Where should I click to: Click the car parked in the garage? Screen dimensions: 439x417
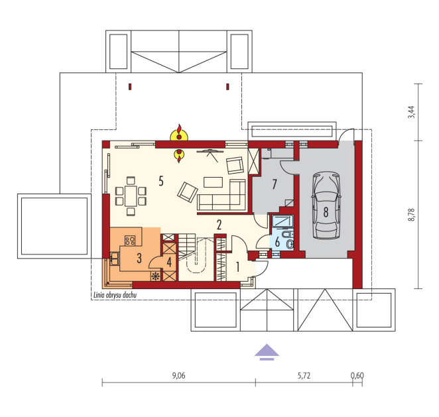click(x=326, y=205)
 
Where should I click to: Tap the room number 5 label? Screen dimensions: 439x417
click(x=161, y=181)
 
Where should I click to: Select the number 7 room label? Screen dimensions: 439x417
click(x=275, y=184)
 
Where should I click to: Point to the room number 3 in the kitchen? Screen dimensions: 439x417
click(x=139, y=258)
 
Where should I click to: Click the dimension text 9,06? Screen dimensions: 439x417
click(x=178, y=376)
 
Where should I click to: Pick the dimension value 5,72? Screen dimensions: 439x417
click(x=304, y=376)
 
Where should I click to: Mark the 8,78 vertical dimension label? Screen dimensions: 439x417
click(x=412, y=215)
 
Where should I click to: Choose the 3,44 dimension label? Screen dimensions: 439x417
click(x=412, y=112)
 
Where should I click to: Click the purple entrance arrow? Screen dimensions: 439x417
click(x=267, y=352)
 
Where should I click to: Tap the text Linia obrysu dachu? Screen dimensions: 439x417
click(x=115, y=295)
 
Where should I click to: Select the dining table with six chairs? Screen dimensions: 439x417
click(x=131, y=196)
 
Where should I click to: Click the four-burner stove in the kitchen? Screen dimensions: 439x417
click(x=130, y=241)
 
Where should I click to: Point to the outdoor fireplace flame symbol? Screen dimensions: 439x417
click(x=179, y=133)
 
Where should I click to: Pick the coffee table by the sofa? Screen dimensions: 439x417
click(x=213, y=182)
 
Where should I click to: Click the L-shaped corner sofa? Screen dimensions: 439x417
click(x=221, y=195)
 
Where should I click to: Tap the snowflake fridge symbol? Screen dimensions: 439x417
click(x=155, y=276)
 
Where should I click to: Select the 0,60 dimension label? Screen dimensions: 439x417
click(x=357, y=376)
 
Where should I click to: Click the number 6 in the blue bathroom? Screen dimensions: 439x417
click(x=277, y=242)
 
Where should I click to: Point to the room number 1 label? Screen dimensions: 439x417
click(x=237, y=267)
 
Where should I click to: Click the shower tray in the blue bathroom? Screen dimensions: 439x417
click(x=282, y=221)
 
